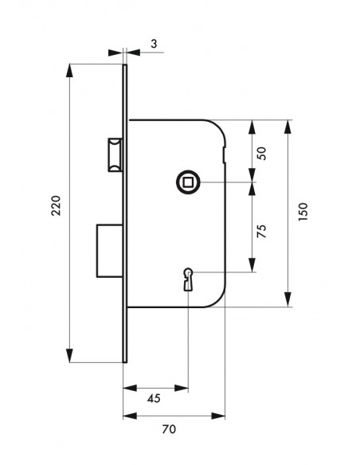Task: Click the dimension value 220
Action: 56,205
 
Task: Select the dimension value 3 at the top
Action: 154,44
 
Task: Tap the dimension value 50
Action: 262,154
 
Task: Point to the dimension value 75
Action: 262,231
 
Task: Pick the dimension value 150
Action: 303,212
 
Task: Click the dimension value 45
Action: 154,398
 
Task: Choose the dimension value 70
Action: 169,429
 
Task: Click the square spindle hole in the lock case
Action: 188,182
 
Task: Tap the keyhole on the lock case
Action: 188,279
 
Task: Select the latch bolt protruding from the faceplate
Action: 115,154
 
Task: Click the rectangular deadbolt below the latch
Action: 110,251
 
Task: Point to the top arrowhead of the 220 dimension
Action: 69,71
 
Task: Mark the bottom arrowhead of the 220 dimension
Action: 69,356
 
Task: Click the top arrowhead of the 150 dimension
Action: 288,127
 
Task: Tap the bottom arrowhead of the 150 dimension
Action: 288,299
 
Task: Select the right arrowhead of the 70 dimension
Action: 218,416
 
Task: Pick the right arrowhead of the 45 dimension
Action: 181,388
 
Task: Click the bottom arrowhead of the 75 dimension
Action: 252,265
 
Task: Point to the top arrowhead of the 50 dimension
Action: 252,127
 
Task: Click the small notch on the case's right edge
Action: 224,154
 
